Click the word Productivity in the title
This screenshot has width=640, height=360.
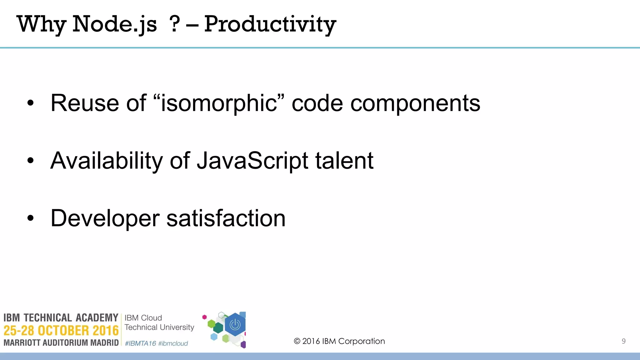pos(270,24)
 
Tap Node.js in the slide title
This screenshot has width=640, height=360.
pos(114,24)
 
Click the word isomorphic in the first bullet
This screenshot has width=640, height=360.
pos(219,103)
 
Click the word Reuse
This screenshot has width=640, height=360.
pos(85,103)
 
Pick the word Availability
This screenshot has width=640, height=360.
pos(107,161)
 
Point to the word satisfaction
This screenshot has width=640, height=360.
pos(226,218)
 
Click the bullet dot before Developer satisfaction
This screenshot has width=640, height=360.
pos(30,218)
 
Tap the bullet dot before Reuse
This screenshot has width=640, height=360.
pos(30,103)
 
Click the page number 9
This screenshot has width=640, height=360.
pos(623,341)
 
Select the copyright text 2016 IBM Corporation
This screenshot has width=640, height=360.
pos(340,341)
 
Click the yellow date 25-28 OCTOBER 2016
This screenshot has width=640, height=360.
pos(61,331)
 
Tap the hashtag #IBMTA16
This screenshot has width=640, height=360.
pos(140,343)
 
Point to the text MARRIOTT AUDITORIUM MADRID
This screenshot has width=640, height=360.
pos(61,343)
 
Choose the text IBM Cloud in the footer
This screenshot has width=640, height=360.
pos(143,318)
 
